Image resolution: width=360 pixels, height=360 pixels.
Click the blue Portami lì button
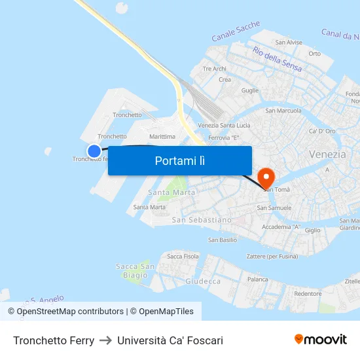tap(180, 160)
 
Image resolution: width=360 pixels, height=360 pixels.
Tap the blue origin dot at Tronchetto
tap(94, 151)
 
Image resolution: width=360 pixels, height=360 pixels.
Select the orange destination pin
tap(266, 177)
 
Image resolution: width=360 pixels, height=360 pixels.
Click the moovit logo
tap(321, 340)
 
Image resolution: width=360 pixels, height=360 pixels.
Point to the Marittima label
tap(163, 137)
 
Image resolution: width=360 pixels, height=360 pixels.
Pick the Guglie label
tap(250, 91)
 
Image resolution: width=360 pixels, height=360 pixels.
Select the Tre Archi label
tap(215, 68)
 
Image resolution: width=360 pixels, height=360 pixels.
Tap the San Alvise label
tap(289, 43)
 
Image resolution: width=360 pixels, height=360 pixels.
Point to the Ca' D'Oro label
tap(322, 132)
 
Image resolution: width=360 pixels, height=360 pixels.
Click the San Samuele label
tap(274, 207)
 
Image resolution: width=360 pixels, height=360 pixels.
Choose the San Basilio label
tap(223, 240)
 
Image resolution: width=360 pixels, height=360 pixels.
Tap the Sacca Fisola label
tap(183, 256)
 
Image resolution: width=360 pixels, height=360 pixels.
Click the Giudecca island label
tap(203, 281)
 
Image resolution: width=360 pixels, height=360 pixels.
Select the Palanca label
tap(258, 279)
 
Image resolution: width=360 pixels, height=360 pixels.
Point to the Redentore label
tap(308, 294)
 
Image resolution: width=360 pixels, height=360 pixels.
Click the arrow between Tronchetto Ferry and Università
tap(105, 340)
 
